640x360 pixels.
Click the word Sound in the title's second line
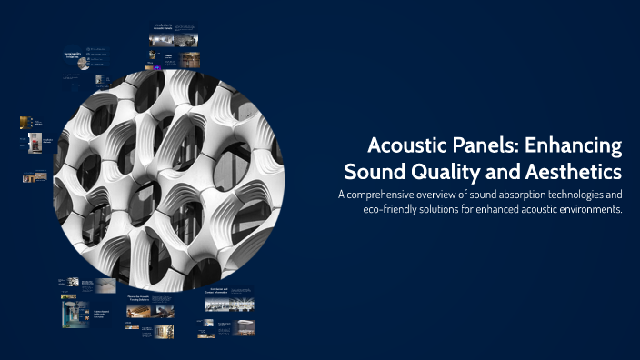[x=375, y=171]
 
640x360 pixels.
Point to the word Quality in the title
[x=443, y=171]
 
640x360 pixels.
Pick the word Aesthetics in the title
[x=571, y=171]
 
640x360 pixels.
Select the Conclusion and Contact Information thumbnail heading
[x=224, y=291]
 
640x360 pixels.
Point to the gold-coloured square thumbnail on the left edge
[x=25, y=121]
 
